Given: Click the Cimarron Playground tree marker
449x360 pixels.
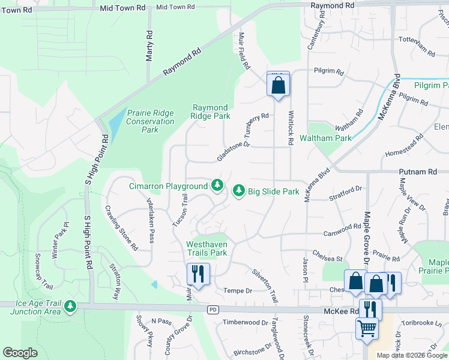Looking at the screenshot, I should click(217, 185).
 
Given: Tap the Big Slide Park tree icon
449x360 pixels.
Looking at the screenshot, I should click(239, 191).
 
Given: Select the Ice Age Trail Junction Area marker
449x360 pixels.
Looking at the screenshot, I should click(71, 307).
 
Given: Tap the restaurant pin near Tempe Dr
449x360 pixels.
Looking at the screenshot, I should click(197, 274).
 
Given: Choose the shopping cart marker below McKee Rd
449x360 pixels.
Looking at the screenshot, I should click(367, 328).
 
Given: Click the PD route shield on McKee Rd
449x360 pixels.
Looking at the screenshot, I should click(212, 310).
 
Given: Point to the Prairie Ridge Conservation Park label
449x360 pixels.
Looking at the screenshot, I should click(150, 121).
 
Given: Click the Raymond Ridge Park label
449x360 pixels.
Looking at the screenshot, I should click(211, 112).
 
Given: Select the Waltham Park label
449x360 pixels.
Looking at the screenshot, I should click(330, 138).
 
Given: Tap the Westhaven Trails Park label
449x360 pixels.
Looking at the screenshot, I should click(206, 248).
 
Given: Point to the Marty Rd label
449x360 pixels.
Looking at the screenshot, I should click(150, 47).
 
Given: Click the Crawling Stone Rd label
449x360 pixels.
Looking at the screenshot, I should click(121, 228).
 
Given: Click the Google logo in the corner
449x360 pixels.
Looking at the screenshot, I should click(20, 353).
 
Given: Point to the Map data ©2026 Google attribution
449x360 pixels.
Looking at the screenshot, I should click(412, 355).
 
